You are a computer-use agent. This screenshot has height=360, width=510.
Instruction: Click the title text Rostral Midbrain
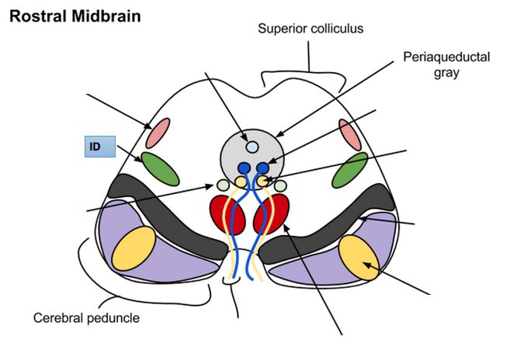point(75,16)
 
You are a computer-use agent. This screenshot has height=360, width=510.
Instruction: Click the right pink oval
point(350,134)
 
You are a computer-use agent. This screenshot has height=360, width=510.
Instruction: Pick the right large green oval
point(349,170)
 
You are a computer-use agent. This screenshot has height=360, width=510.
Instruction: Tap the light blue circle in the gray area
point(251,147)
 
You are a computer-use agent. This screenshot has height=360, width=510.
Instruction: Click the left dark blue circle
point(245,168)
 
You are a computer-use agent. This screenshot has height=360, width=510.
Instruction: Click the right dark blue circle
point(262,168)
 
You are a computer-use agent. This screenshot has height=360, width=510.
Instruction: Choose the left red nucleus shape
point(227,214)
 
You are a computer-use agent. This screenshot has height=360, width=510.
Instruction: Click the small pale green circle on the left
point(223,185)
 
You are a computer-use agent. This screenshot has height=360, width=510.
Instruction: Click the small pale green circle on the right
point(280,185)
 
